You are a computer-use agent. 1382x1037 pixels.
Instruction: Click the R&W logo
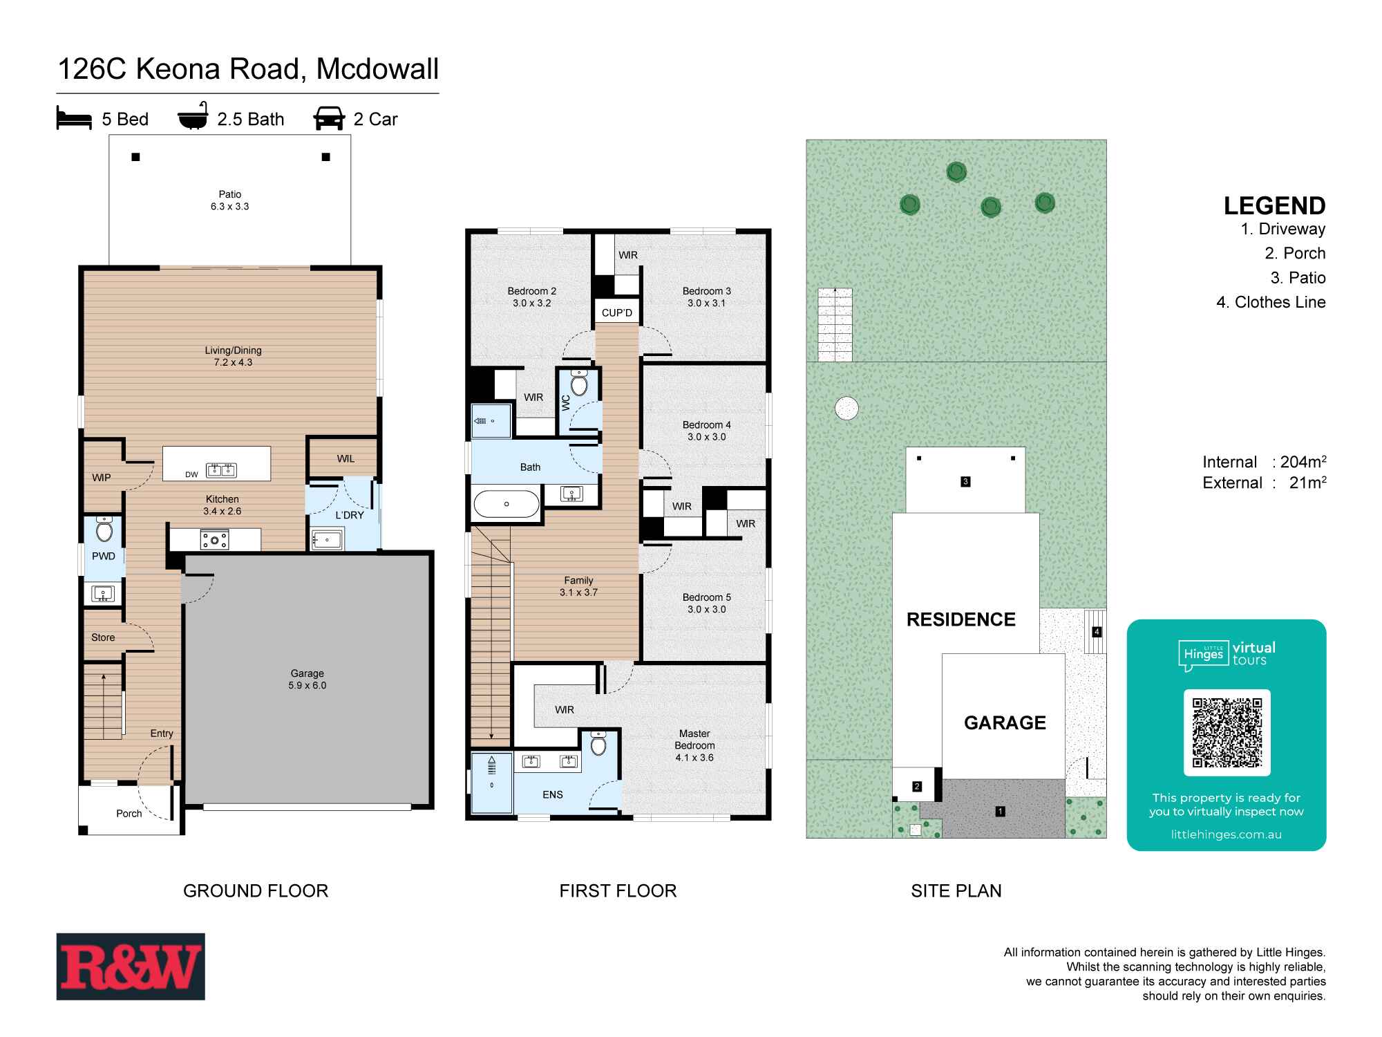131,966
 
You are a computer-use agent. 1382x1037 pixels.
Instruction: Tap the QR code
1227,733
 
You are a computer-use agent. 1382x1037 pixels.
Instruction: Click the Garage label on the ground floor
307,679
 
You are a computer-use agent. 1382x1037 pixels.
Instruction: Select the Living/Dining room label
233,356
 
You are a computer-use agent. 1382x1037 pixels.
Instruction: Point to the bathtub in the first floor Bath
506,504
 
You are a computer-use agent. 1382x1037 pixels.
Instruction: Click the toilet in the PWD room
104,530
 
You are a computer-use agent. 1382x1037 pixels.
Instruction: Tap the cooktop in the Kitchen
214,540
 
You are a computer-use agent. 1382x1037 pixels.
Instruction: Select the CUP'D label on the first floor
616,312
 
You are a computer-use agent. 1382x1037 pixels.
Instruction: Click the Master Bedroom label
694,745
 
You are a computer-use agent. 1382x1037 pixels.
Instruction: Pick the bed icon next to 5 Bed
74,119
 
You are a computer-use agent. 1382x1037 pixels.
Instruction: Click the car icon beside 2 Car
329,118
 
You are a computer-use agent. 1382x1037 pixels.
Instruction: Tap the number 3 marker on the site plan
965,481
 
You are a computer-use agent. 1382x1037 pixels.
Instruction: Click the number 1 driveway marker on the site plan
1000,811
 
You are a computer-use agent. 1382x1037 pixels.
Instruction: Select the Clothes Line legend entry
1271,302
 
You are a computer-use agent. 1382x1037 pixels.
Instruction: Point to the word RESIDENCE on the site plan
960,619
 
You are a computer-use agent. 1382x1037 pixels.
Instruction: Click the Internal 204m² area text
1264,462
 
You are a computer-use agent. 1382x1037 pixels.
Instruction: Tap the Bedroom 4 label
706,431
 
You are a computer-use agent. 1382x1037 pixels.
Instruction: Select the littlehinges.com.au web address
1226,834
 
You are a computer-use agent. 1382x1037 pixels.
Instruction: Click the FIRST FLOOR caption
618,890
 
